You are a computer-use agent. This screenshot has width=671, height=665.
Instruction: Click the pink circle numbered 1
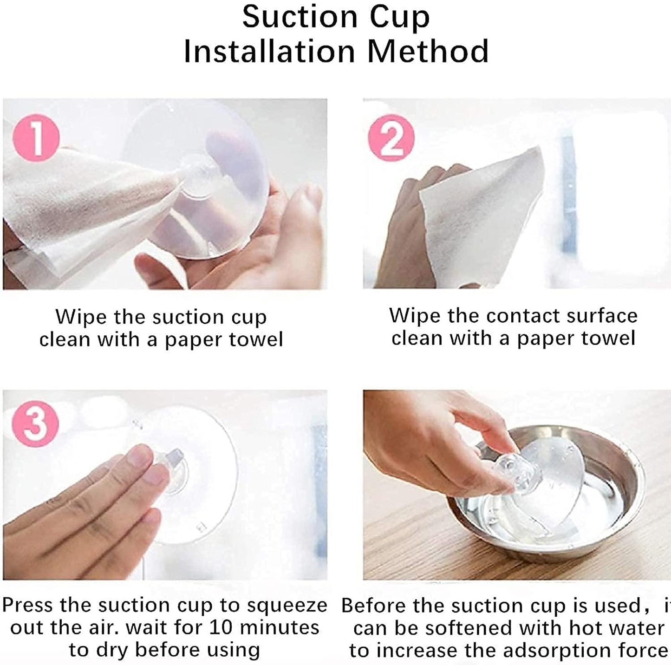(x=36, y=138)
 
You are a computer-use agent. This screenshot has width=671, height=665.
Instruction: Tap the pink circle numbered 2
(x=391, y=138)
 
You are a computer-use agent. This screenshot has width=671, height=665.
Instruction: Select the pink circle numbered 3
(x=35, y=424)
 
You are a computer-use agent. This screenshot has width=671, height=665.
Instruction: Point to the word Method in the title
(x=428, y=52)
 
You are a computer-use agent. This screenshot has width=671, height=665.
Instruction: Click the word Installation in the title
(x=269, y=52)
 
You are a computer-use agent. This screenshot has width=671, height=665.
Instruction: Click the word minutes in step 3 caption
(x=279, y=627)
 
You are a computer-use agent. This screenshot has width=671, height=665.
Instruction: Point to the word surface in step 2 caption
(x=602, y=316)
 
